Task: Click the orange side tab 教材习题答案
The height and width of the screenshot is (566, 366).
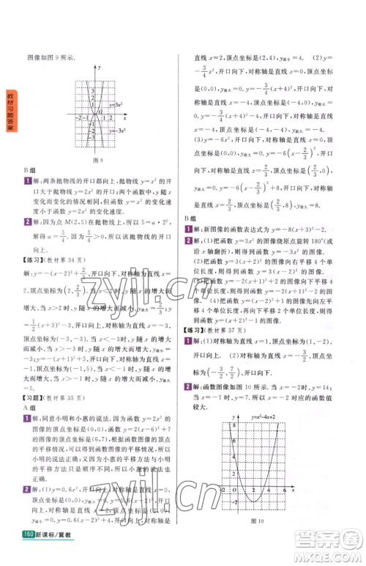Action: coord(11,106)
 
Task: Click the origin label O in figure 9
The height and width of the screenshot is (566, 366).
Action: coord(93,120)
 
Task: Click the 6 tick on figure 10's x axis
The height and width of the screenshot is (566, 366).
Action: coord(283,490)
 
